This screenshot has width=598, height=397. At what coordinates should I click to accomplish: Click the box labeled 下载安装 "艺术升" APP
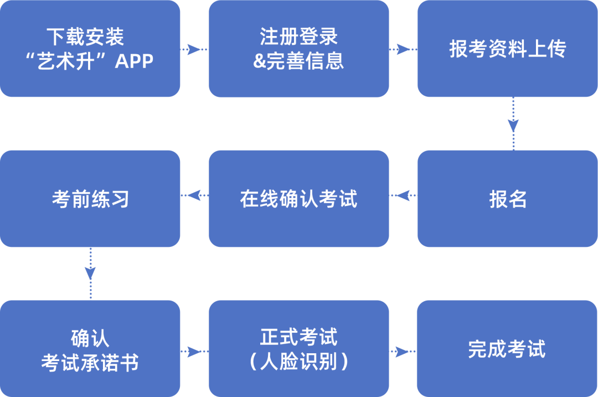[90, 49]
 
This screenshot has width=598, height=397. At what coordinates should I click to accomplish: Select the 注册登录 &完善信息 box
[298, 49]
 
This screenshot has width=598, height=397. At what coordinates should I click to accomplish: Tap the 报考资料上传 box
[507, 49]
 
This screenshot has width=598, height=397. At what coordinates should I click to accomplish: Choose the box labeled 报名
[507, 199]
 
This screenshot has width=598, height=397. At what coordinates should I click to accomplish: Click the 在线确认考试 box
[298, 199]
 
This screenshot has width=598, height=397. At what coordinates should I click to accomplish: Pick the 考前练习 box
[90, 199]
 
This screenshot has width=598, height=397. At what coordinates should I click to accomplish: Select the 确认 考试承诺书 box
[90, 349]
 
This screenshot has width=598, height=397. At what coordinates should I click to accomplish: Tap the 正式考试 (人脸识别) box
[298, 349]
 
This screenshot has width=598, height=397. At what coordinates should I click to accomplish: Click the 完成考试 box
[507, 349]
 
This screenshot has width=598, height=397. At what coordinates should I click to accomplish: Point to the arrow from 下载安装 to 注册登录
[194, 49]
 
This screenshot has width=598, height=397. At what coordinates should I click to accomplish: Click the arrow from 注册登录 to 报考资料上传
[403, 49]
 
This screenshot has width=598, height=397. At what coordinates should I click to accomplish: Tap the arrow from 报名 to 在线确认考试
[403, 195]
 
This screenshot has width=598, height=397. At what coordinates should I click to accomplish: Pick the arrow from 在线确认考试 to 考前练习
[194, 195]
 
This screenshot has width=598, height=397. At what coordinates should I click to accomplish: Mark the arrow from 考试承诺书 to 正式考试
[194, 351]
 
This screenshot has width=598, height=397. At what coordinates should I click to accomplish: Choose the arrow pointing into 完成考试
[403, 351]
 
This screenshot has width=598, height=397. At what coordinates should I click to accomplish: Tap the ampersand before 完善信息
[260, 61]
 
